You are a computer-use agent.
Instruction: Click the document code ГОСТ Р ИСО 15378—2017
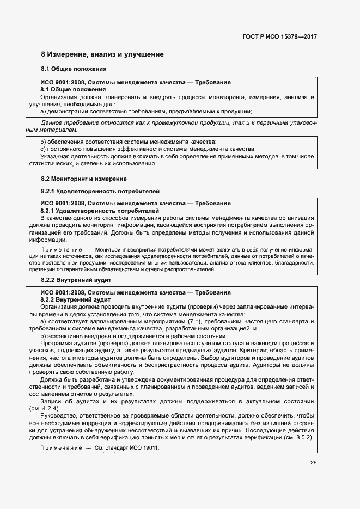coord(279,36)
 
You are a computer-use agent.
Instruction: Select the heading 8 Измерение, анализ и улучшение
coord(102,55)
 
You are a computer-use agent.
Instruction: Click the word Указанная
coord(57,157)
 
